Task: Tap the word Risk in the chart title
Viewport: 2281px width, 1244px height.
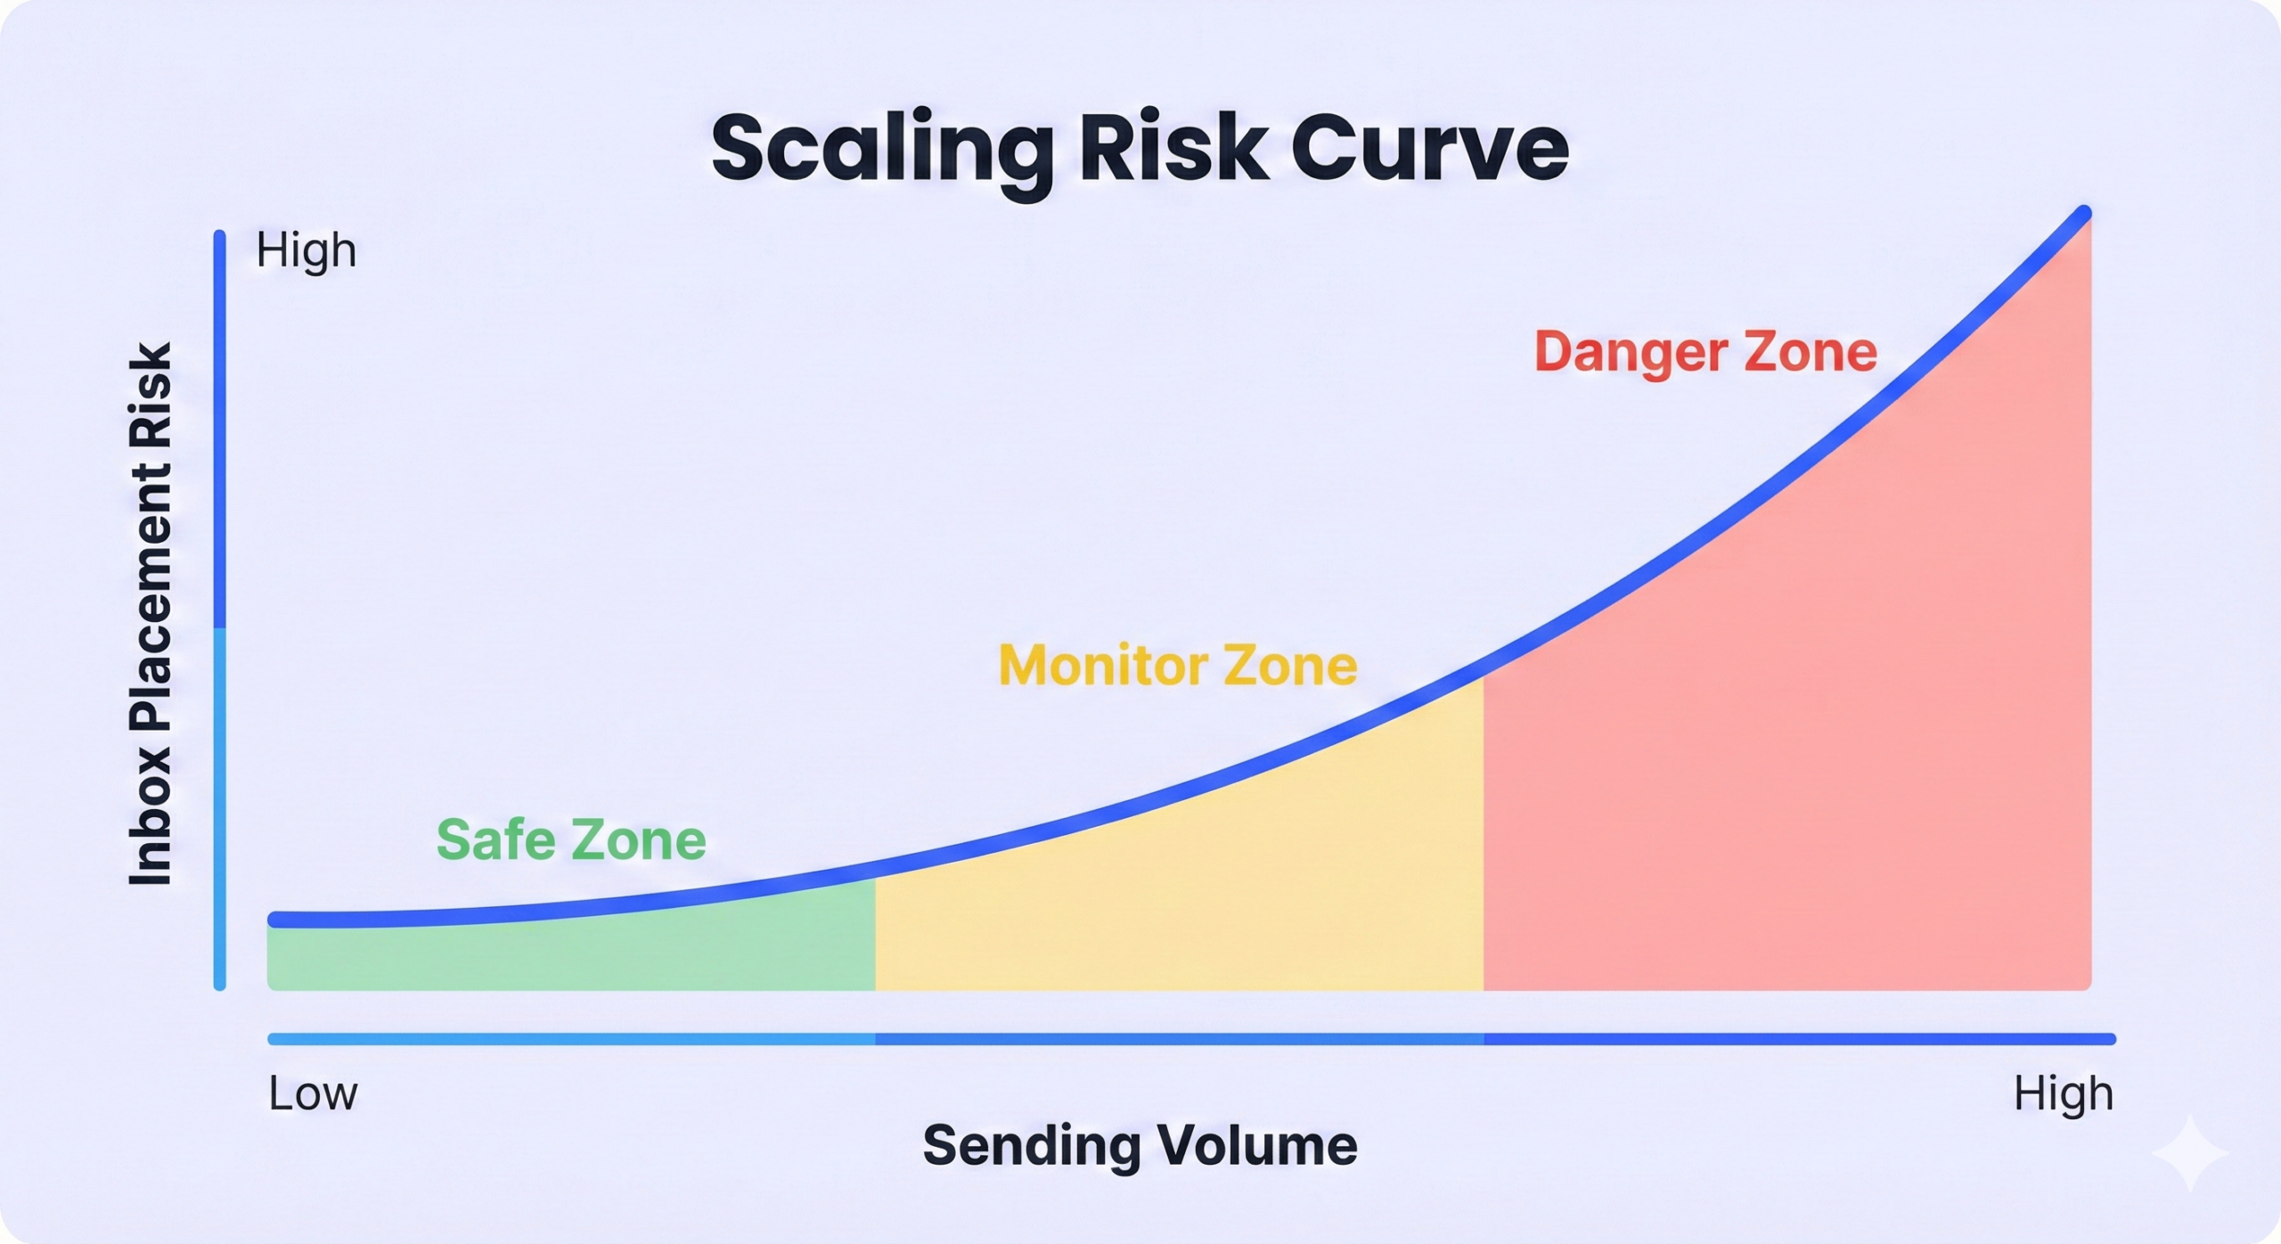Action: [1174, 146]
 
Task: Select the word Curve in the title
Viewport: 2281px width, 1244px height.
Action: [1429, 148]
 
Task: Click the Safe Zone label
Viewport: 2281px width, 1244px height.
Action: [571, 839]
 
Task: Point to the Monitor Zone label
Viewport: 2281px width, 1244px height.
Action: [1178, 665]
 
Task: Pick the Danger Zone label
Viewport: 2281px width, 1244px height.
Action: [1705, 351]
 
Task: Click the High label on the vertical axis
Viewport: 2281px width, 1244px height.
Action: [307, 250]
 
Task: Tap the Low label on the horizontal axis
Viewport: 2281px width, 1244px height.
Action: [313, 1093]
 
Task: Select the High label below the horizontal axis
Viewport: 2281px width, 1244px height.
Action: [2064, 1094]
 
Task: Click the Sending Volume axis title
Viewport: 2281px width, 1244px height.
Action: [1140, 1145]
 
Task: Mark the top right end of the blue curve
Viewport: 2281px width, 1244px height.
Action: [2084, 213]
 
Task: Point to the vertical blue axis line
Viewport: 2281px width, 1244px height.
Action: [219, 610]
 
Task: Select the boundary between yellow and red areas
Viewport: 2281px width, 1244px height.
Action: [1484, 832]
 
